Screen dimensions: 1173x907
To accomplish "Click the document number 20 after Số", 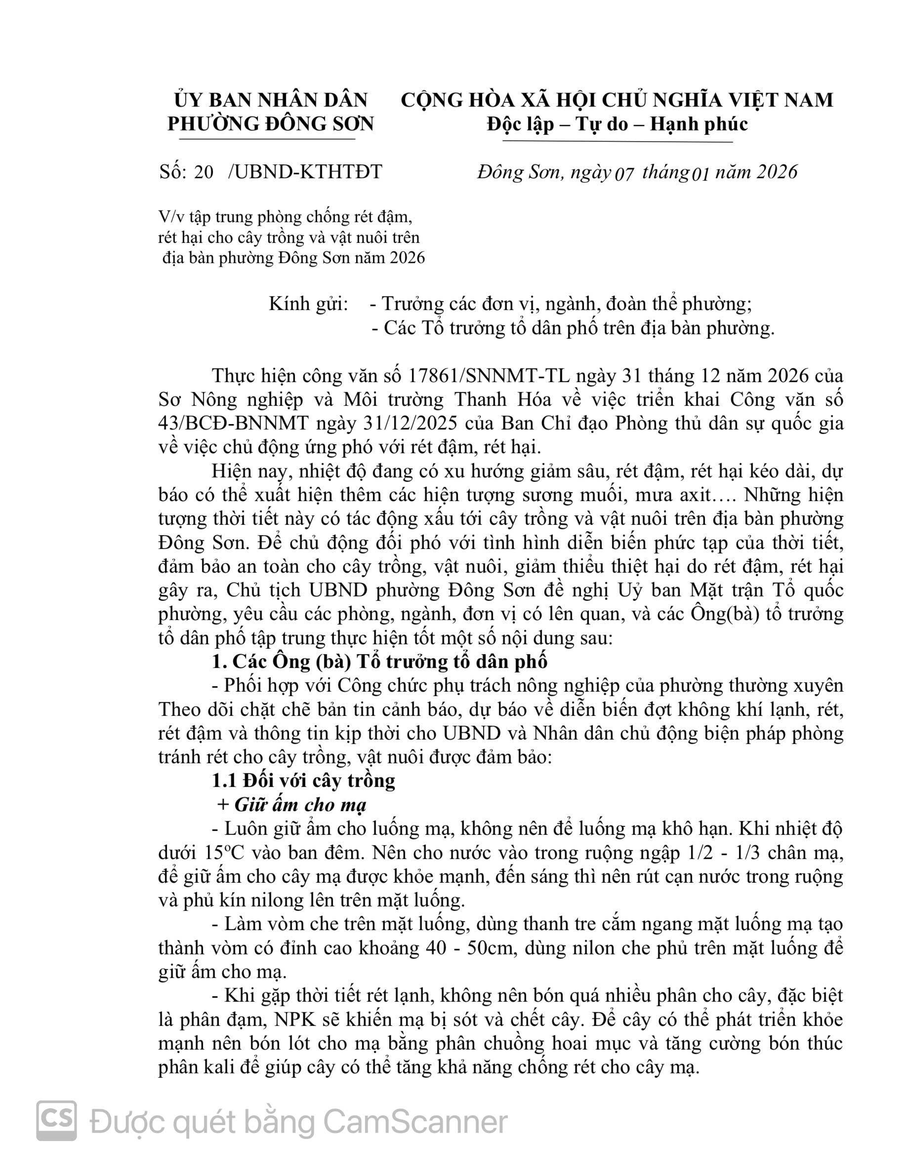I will [x=204, y=172].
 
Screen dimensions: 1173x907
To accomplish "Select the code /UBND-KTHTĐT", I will [x=305, y=172].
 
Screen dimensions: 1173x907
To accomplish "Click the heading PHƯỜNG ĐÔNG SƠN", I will [x=270, y=124].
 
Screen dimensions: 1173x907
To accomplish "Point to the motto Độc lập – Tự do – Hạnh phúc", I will [x=617, y=124].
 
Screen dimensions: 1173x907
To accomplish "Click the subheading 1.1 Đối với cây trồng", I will [x=304, y=781].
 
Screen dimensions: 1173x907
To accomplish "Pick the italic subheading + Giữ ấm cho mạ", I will [x=292, y=805].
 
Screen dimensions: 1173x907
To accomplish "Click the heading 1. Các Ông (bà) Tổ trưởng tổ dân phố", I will [x=379, y=662].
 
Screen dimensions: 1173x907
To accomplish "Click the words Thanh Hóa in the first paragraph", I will [x=501, y=400].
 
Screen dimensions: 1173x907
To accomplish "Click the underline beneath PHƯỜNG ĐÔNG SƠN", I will [x=267, y=139].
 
